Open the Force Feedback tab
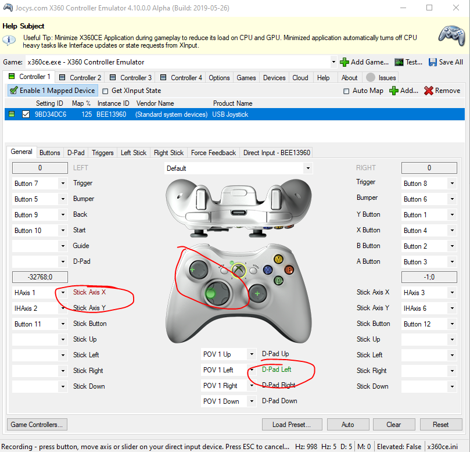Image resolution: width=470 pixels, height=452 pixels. point(213,153)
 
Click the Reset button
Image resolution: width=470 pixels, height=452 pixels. point(441,424)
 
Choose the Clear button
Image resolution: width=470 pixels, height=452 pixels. point(394,424)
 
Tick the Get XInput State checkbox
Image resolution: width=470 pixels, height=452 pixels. point(106,91)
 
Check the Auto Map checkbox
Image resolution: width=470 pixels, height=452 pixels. point(347,91)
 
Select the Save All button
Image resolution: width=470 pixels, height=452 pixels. point(446,62)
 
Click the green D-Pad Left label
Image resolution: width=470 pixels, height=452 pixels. point(277,370)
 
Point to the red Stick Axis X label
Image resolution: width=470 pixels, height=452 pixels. point(89,292)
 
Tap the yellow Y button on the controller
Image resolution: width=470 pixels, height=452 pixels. point(279,259)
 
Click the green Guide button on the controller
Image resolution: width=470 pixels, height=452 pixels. point(238,269)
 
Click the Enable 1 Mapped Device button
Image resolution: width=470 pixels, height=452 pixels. point(52,91)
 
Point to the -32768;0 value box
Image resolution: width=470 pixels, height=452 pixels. point(40,277)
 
